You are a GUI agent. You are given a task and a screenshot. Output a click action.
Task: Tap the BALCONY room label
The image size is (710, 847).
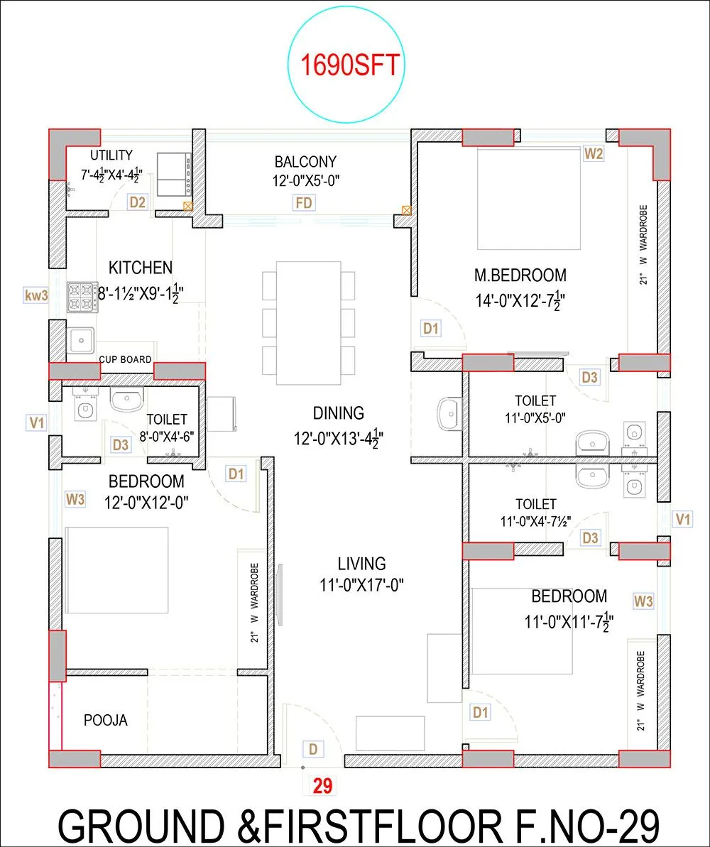click(306, 162)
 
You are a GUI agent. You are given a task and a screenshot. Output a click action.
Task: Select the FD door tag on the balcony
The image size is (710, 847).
click(304, 204)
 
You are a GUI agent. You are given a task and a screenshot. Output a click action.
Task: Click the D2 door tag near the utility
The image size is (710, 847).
click(138, 203)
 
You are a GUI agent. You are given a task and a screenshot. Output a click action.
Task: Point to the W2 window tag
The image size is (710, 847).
click(594, 153)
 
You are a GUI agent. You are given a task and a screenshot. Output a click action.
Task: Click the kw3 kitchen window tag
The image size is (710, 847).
click(35, 295)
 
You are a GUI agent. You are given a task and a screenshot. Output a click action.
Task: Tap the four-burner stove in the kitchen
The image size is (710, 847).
click(82, 297)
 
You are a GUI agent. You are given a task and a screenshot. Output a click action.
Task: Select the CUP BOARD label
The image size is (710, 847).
click(125, 359)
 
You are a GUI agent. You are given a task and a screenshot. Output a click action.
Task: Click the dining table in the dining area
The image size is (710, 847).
click(308, 322)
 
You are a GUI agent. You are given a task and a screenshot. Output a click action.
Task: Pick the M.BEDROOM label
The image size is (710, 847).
click(520, 275)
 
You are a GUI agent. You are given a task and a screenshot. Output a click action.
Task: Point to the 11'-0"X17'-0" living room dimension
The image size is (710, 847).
click(362, 585)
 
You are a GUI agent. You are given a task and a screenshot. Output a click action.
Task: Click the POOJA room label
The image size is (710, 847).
click(106, 720)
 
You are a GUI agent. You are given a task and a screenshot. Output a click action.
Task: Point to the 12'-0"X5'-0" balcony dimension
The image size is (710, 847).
click(306, 180)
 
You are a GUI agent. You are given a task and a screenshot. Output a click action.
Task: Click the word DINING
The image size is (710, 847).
click(339, 412)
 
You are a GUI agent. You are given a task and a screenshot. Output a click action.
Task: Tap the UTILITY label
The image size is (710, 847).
click(111, 155)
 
